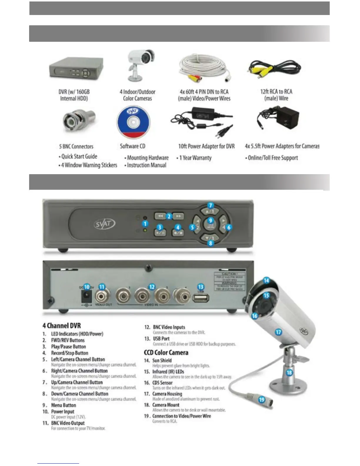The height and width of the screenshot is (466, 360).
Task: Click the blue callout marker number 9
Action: (210, 221)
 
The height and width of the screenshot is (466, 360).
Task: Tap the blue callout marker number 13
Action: (201, 287)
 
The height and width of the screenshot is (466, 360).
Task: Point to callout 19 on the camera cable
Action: (261, 400)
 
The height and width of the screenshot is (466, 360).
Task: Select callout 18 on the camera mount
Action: (289, 372)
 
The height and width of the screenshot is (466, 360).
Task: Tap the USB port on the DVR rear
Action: (201, 298)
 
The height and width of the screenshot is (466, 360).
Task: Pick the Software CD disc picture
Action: (133, 122)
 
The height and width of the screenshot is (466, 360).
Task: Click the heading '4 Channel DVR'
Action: (61, 326)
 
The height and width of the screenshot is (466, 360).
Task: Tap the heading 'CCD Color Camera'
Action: (166, 352)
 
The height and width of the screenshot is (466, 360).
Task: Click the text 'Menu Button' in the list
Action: (64, 405)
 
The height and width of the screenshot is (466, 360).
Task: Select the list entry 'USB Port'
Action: (161, 339)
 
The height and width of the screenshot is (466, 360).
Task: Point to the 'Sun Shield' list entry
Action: (162, 360)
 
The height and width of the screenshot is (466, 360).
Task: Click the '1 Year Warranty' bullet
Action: (195, 158)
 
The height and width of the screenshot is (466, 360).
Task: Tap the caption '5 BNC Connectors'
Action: (76, 147)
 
